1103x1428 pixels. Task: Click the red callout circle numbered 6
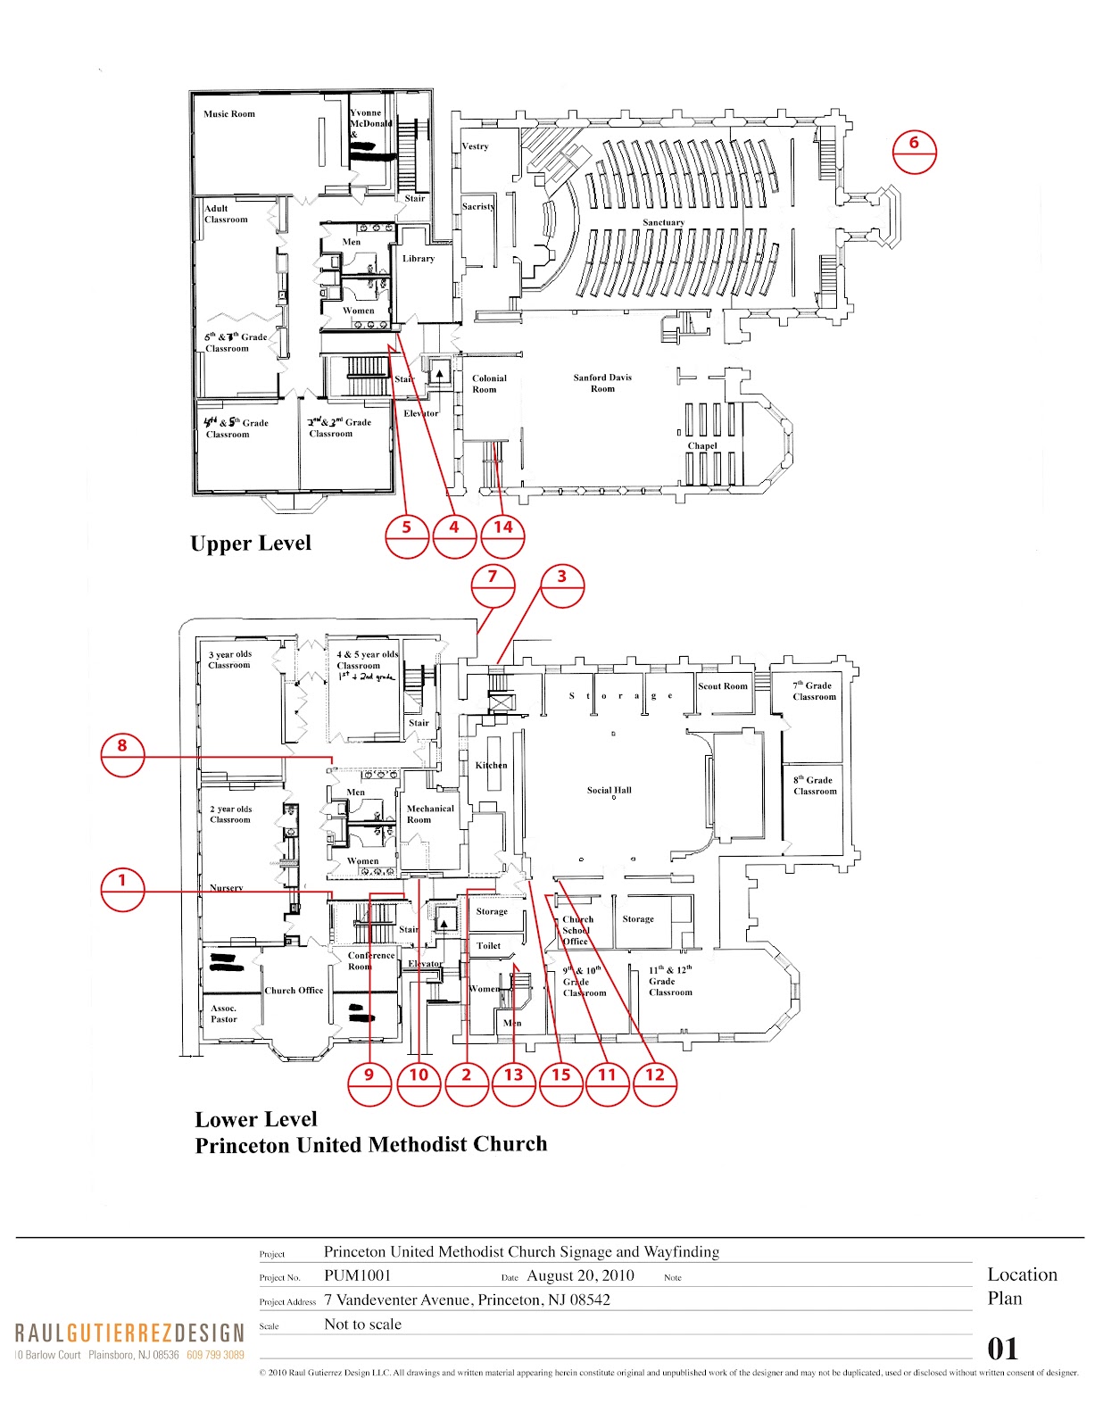coord(914,151)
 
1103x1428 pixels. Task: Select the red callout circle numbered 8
coord(122,754)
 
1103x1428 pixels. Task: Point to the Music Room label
coord(229,114)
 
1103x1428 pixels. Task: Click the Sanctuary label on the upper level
coord(663,222)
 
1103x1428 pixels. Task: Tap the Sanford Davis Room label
coord(602,383)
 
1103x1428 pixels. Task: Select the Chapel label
coord(702,445)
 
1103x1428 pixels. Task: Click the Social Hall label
coord(610,790)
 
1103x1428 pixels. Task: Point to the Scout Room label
coord(723,686)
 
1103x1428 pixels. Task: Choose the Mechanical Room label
coord(430,814)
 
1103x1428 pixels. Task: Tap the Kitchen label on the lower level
coord(491,765)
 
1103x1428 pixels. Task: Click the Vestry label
coord(475,146)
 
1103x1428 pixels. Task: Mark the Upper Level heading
coord(251,544)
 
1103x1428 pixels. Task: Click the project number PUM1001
coord(357,1275)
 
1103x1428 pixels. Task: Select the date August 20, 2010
coord(580,1275)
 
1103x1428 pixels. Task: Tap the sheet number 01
coord(1002,1349)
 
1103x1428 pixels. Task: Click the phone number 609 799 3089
coord(215,1355)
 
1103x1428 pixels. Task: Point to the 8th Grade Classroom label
coord(815,785)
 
